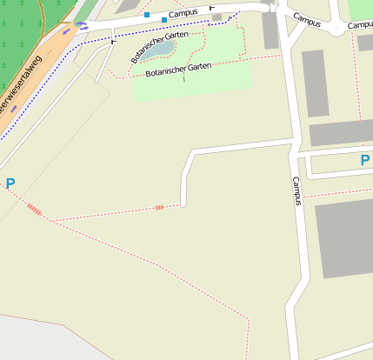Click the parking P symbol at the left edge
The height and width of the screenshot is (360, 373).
[x=10, y=183]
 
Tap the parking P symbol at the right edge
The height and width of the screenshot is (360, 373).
[x=364, y=160]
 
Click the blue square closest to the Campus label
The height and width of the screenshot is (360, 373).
[x=163, y=19]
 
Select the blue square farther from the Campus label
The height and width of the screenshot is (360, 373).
[x=147, y=15]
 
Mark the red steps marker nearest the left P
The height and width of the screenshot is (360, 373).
[x=34, y=209]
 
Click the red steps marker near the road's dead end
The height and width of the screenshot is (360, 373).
[x=159, y=208]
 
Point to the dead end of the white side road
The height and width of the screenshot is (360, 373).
[x=183, y=203]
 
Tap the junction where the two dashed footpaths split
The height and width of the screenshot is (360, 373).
[x=50, y=220]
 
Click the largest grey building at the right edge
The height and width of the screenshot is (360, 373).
[x=345, y=237]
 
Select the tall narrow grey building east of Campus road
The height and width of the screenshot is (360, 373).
[x=315, y=83]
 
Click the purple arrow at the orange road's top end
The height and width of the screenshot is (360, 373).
[x=83, y=25]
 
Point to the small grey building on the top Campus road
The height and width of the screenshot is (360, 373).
[x=216, y=17]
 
